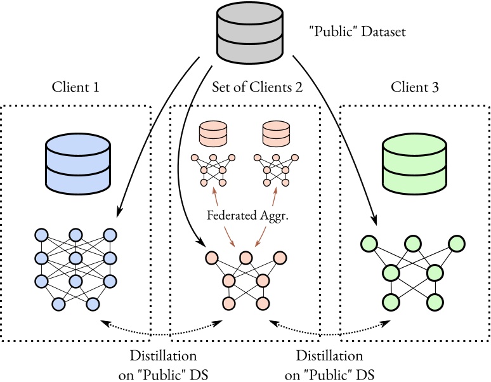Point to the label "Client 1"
[74, 87]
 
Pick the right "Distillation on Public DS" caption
[330, 363]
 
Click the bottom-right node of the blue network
[93, 304]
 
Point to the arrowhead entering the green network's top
[376, 223]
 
